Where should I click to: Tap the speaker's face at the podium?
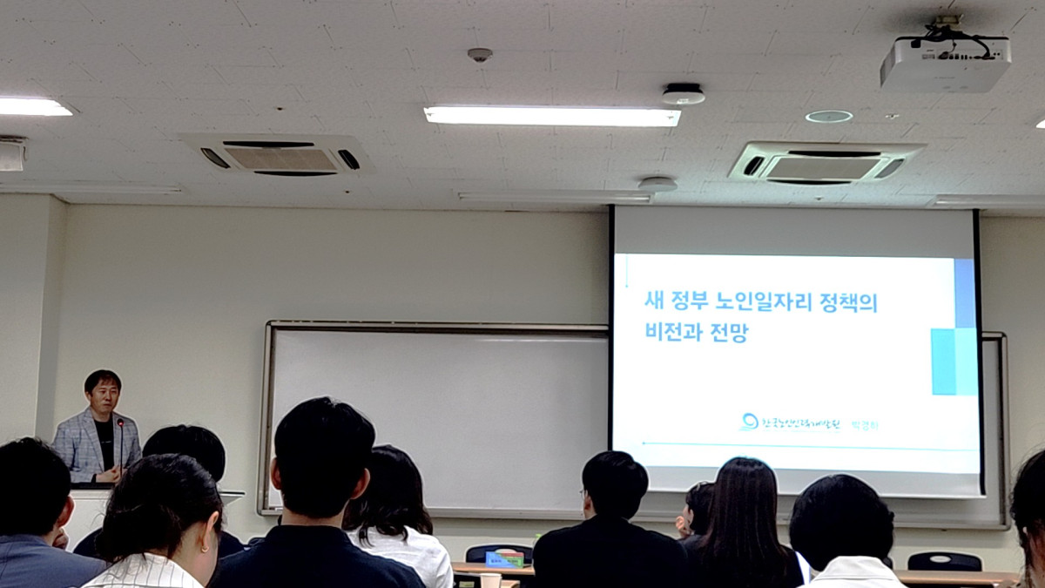pos(104,395)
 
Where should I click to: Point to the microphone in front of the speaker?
pos(120,426)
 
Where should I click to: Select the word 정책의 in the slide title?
pos(848,302)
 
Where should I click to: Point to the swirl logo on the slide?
pos(748,422)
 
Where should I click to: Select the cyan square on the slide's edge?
pos(943,362)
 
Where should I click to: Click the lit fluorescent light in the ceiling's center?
pos(551,116)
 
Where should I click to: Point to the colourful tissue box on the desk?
pos(505,559)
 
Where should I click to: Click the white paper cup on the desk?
pos(490,580)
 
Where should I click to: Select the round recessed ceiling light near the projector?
pos(828,117)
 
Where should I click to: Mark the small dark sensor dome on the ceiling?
pos(480,55)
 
